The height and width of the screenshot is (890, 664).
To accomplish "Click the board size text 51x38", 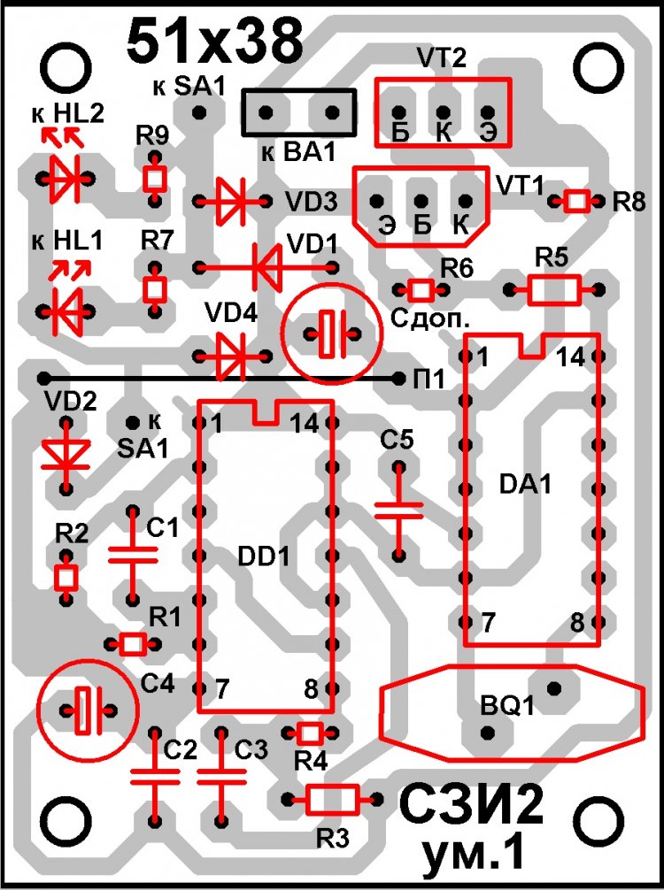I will click(215, 42).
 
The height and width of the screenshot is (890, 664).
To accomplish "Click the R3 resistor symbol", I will click(333, 800).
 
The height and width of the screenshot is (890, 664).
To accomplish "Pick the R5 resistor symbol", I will click(554, 290).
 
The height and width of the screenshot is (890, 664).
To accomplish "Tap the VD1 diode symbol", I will click(266, 266).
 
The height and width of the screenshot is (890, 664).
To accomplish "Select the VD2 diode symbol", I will click(66, 454).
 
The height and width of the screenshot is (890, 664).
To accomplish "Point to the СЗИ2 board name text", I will click(469, 805).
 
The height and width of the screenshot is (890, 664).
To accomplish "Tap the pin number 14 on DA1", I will click(571, 357).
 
